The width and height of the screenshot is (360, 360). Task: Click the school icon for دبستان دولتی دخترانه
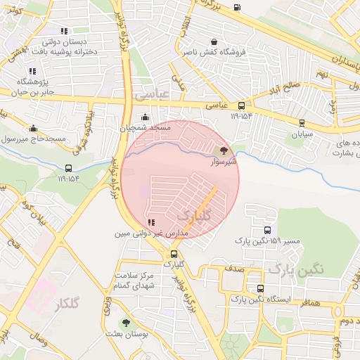pyautogui.click(x=64, y=31)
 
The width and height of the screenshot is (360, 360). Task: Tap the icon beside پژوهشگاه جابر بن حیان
pyautogui.click(x=32, y=71)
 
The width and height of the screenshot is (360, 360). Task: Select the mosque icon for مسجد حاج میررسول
pyautogui.click(x=33, y=128)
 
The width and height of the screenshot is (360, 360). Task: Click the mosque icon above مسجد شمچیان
pyautogui.click(x=145, y=117)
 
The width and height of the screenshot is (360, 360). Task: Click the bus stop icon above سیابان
pyautogui.click(x=302, y=122)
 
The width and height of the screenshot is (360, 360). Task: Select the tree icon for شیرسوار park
pyautogui.click(x=224, y=150)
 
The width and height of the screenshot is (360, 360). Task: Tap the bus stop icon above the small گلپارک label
pyautogui.click(x=174, y=254)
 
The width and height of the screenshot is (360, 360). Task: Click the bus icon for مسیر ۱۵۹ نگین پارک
pyautogui.click(x=267, y=230)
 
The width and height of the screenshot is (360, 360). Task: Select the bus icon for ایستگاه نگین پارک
pyautogui.click(x=261, y=288)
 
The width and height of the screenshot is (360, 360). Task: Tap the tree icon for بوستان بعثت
pyautogui.click(x=126, y=323)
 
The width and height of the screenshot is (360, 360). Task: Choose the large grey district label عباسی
pyautogui.click(x=153, y=92)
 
